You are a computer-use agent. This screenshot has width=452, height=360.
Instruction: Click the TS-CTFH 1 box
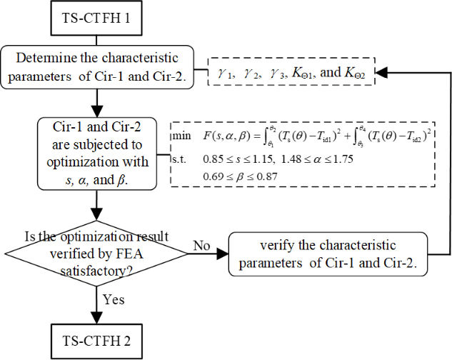click(x=96, y=16)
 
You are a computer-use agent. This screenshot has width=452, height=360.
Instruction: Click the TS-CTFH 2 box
click(x=96, y=338)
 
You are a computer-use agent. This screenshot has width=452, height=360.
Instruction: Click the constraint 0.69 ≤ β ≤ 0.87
click(x=232, y=176)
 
